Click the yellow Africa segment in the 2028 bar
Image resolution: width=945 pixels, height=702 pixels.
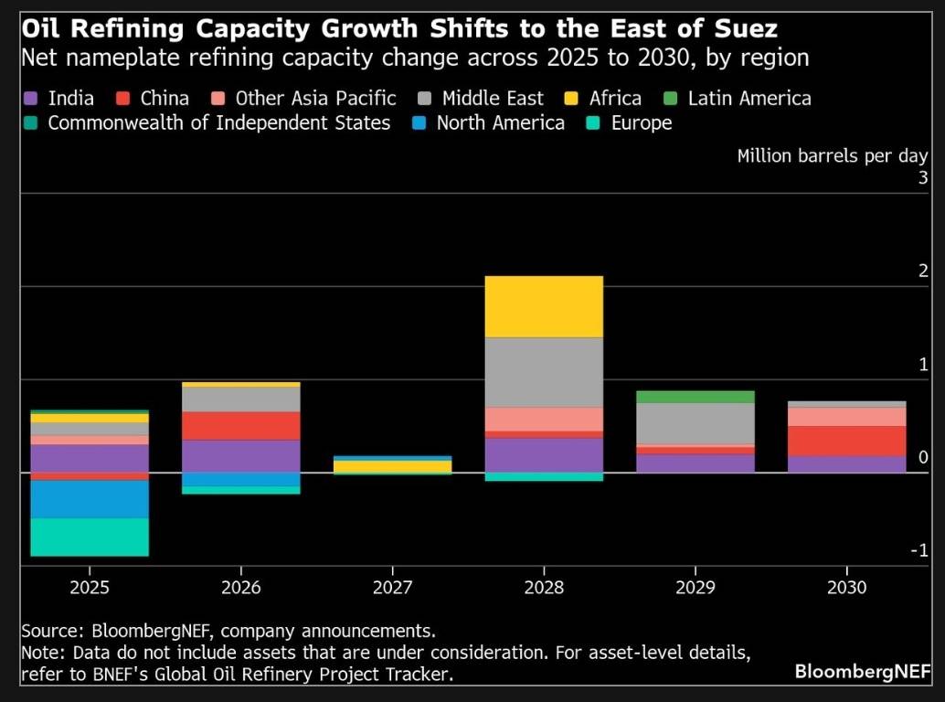click(544, 306)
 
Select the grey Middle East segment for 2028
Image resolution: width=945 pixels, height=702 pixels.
click(544, 372)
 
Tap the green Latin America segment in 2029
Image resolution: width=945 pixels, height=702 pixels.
click(695, 397)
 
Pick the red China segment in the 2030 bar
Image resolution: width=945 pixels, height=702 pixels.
click(845, 441)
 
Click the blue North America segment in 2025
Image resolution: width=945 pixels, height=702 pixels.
click(90, 499)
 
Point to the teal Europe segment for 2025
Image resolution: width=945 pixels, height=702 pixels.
click(90, 537)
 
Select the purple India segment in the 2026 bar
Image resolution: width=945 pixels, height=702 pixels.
click(241, 455)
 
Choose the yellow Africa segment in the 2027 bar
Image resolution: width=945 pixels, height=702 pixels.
click(392, 466)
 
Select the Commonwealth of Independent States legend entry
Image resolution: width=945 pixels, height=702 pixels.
click(208, 122)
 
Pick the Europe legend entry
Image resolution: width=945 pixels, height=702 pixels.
click(632, 122)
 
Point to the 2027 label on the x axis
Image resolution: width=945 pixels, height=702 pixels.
click(392, 587)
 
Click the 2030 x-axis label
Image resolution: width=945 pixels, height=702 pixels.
click(845, 587)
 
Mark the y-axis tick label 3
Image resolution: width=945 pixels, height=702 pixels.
click(923, 177)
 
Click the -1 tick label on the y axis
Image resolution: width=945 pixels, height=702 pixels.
click(919, 549)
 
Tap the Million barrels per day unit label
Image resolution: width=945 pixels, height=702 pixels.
click(833, 155)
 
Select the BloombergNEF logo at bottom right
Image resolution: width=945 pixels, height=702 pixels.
click(863, 672)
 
